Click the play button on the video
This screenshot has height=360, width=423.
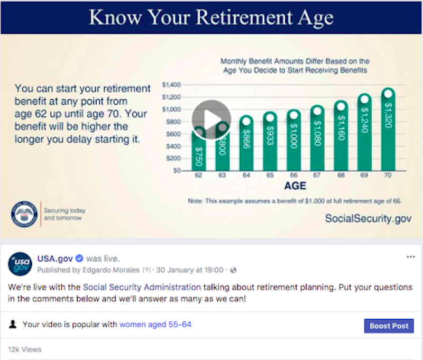pyautogui.click(x=212, y=120)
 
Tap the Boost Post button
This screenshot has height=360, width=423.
pyautogui.click(x=389, y=326)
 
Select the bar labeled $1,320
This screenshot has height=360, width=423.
pyautogui.click(x=388, y=132)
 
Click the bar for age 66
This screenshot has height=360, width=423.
pyautogui.click(x=293, y=143)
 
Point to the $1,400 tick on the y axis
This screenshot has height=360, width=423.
pyautogui.click(x=171, y=85)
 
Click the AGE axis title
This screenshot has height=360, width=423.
pyautogui.click(x=295, y=186)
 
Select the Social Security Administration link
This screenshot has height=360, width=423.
pyautogui.click(x=142, y=288)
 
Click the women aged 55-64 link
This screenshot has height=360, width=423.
pyautogui.click(x=155, y=325)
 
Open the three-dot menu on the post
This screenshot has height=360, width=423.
pyautogui.click(x=411, y=257)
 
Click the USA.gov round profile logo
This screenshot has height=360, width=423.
pyautogui.click(x=21, y=264)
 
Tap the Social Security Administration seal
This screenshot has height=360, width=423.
pyautogui.click(x=24, y=214)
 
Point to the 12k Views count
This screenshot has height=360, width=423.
pyautogui.click(x=24, y=349)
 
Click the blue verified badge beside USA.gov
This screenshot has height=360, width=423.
pyautogui.click(x=79, y=259)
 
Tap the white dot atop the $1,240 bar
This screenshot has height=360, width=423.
pyautogui.click(x=364, y=99)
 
